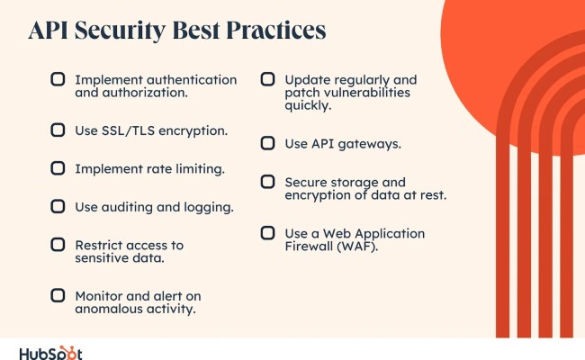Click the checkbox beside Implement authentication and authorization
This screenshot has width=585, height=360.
pos(58,79)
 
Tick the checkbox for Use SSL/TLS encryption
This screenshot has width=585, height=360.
pos(58,130)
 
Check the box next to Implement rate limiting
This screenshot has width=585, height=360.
pos(58,167)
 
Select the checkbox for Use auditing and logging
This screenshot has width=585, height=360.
pos(58,206)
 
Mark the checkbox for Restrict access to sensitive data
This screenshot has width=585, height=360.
pos(58,244)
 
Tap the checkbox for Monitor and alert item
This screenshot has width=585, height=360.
pos(58,294)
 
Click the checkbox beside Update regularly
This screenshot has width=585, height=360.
pos(267,79)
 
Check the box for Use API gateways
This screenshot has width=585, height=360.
pos(267,142)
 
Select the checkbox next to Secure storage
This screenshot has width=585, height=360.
pos(267,181)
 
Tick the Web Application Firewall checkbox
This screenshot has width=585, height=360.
pos(267,232)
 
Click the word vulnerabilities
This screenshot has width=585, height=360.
pos(366,93)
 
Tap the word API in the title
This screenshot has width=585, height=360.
pos(49,31)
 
